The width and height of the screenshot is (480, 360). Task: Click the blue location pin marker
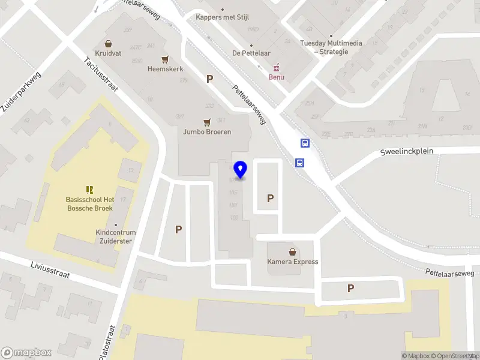click(x=241, y=170)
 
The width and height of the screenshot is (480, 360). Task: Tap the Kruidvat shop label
click(x=108, y=53)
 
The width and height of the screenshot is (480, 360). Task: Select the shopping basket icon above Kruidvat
click(x=108, y=43)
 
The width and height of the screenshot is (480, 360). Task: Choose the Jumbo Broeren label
click(x=207, y=132)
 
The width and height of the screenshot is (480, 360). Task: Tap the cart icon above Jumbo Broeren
click(x=207, y=122)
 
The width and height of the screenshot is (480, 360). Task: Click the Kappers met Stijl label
click(x=223, y=17)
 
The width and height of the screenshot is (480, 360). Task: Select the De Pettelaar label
click(x=251, y=53)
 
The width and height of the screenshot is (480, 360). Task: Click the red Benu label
click(x=276, y=77)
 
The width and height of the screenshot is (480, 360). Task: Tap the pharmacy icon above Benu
click(x=276, y=67)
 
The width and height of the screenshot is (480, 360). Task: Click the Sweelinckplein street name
click(x=406, y=151)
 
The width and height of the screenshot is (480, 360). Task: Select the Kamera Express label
click(x=293, y=262)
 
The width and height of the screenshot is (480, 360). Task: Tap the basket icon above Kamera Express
click(x=293, y=252)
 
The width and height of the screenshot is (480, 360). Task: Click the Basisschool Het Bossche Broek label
click(x=89, y=204)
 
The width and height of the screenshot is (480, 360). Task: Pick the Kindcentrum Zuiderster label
click(x=116, y=236)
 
